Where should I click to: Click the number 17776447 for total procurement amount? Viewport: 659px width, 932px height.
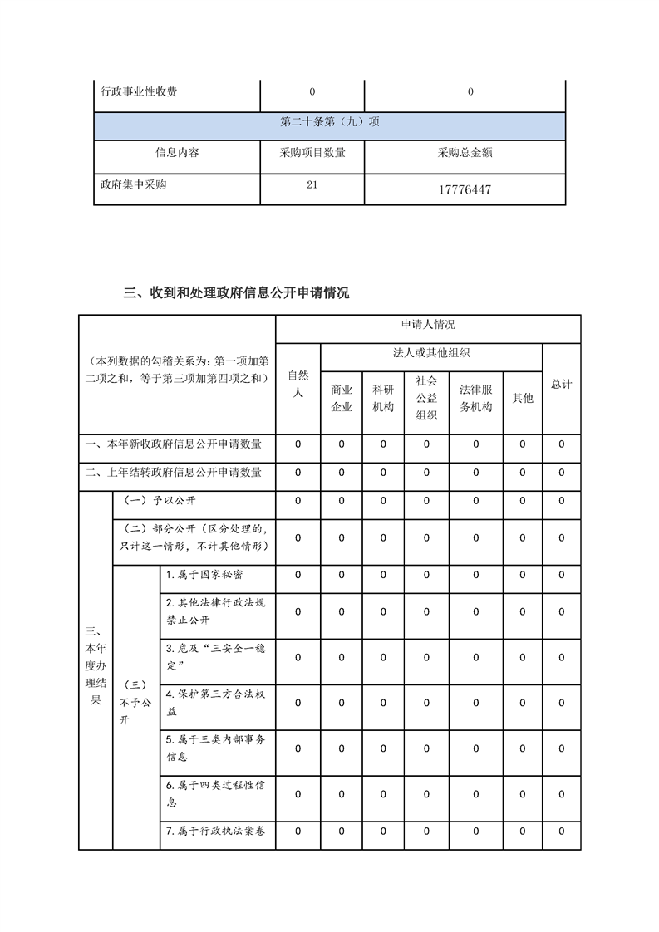click(x=465, y=190)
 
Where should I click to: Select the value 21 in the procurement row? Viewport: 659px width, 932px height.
click(x=312, y=184)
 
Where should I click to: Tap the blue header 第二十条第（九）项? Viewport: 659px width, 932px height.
click(x=330, y=122)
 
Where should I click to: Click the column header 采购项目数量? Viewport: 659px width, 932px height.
click(x=312, y=153)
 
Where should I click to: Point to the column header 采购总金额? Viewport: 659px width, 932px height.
click(x=465, y=153)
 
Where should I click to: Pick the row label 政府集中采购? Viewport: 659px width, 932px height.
click(x=133, y=184)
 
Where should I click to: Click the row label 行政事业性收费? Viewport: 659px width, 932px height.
click(x=139, y=92)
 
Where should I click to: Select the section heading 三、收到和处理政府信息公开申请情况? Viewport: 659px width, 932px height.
click(x=236, y=292)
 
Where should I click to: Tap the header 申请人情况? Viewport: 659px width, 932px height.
click(x=428, y=324)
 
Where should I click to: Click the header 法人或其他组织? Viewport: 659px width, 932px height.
click(x=431, y=353)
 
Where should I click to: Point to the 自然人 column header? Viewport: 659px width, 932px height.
click(x=298, y=384)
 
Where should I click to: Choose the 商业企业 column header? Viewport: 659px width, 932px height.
click(x=342, y=398)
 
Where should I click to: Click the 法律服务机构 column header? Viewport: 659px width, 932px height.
click(x=475, y=398)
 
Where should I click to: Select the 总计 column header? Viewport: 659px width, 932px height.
click(x=561, y=385)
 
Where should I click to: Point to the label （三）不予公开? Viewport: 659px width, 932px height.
click(x=135, y=702)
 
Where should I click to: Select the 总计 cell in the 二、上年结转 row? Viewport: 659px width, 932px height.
click(x=561, y=473)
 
